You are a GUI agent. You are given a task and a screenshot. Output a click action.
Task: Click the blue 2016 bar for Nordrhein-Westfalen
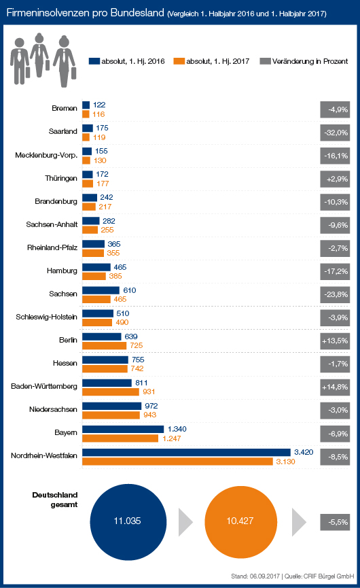[x=186, y=452]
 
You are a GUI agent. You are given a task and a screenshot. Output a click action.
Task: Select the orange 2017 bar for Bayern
[x=120, y=438]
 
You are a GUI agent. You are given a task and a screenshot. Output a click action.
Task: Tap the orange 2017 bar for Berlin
[x=104, y=345]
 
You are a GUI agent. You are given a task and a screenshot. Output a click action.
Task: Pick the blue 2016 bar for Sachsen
[x=101, y=290]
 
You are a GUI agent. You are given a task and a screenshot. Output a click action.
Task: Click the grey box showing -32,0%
[x=335, y=133]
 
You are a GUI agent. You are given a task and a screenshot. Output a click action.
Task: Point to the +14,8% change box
[x=335, y=387]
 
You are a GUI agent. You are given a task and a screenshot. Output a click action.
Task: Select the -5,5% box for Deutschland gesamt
[x=335, y=522]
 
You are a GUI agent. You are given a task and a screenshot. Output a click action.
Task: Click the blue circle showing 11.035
[x=128, y=522]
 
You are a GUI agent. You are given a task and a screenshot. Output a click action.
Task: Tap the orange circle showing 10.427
[x=241, y=522]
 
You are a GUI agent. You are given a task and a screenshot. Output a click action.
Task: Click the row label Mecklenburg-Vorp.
[x=46, y=155]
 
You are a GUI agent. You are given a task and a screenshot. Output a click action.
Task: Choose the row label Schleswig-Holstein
[x=46, y=317]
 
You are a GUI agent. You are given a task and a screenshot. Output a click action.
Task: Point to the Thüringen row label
[x=61, y=178]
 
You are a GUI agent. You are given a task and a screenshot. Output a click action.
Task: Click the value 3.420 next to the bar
[x=304, y=452]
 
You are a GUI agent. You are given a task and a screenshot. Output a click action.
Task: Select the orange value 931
[x=149, y=392]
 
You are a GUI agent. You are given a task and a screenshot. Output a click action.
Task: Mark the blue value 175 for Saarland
[x=102, y=128]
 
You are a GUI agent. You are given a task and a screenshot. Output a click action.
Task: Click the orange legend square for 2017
[x=179, y=61]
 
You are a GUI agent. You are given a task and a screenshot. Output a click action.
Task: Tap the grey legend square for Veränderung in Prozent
[x=265, y=61]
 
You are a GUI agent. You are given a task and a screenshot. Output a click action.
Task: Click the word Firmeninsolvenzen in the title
[x=48, y=13]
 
